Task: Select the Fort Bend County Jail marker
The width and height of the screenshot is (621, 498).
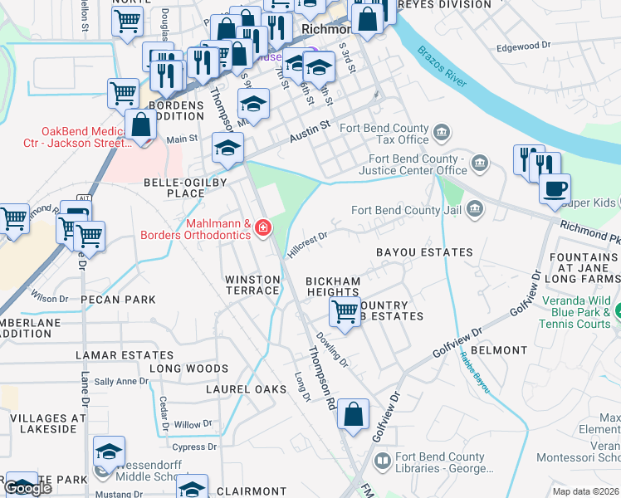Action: coord(474,209)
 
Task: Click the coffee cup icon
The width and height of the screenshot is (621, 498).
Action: coord(555,187)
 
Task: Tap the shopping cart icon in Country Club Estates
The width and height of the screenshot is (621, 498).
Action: coord(345,313)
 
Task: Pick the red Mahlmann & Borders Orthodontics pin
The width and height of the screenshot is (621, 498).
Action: coord(263,227)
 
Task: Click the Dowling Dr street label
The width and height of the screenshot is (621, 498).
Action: coord(331,348)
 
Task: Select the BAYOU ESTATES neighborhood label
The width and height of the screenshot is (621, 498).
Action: coord(424,251)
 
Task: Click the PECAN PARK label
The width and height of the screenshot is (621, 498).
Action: coord(117,299)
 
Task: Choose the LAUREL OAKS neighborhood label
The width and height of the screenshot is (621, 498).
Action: coord(246,388)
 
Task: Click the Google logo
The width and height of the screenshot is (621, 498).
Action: coord(28,487)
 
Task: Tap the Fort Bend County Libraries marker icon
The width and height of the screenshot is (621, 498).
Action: coord(382,459)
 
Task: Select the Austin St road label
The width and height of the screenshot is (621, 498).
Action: coord(310,129)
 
